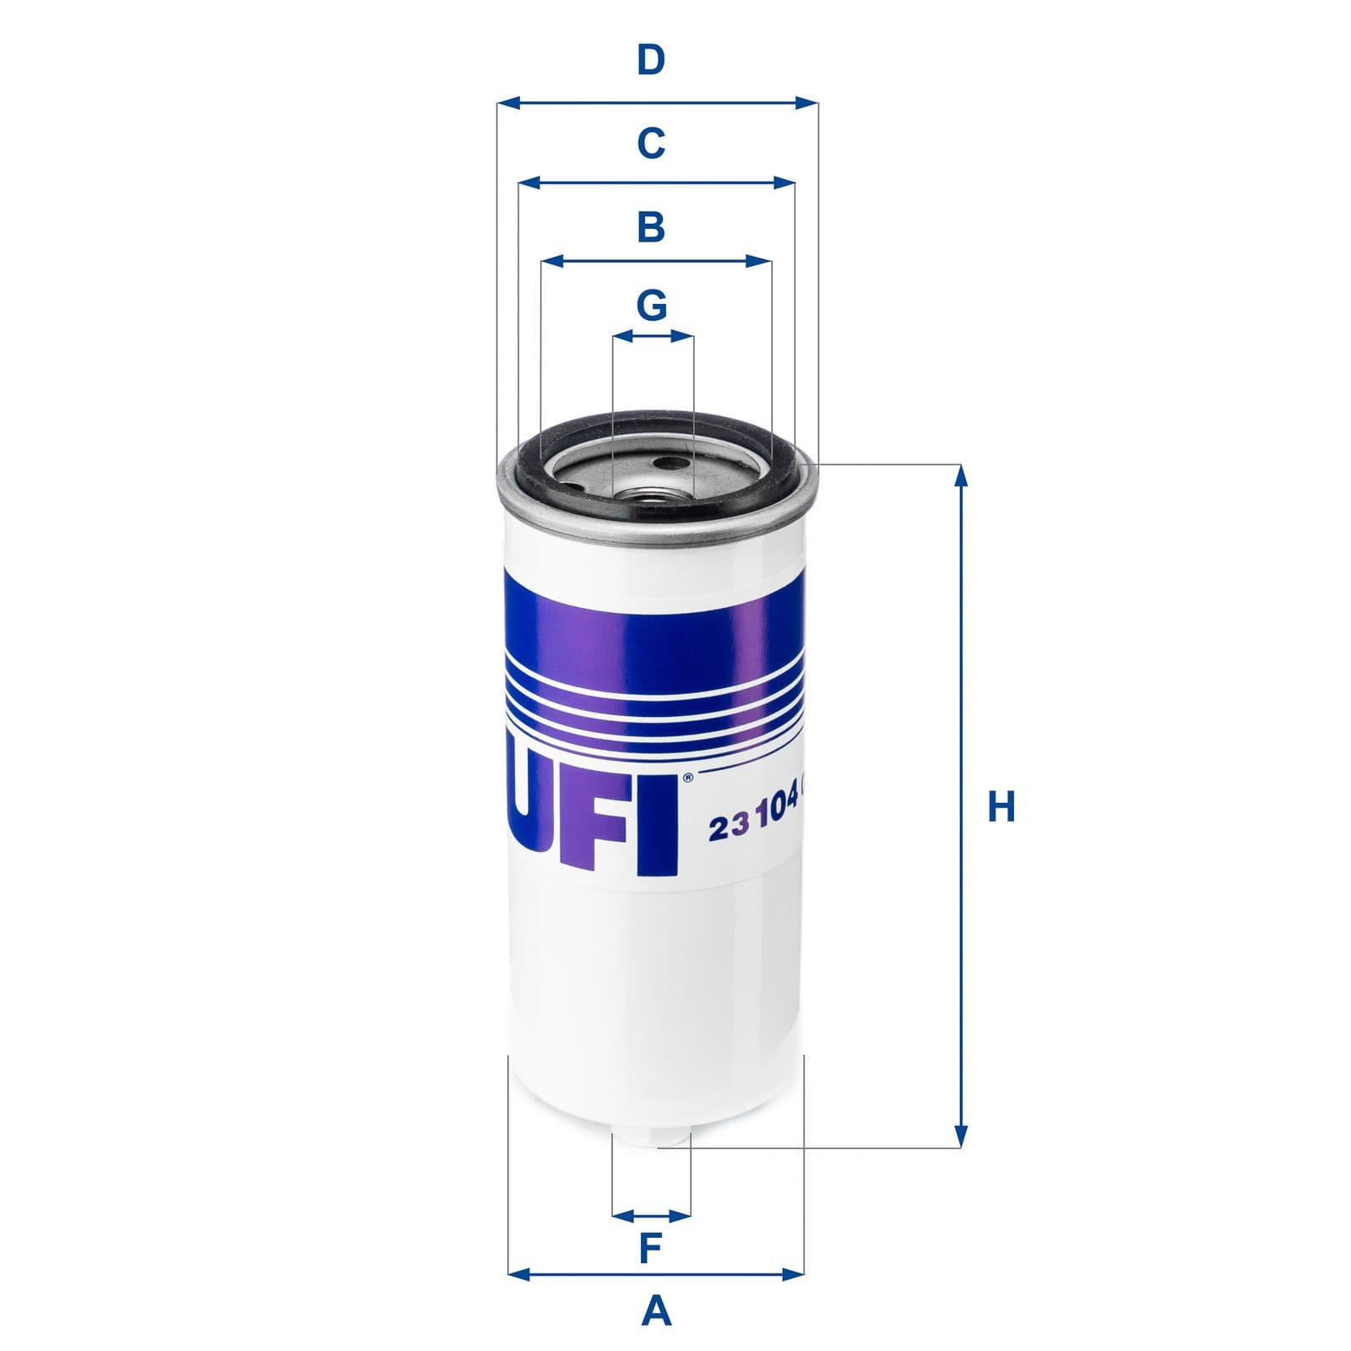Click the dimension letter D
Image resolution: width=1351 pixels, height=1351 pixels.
(x=650, y=61)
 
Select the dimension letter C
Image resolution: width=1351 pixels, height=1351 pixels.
(x=650, y=143)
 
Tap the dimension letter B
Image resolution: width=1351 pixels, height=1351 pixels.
(x=650, y=227)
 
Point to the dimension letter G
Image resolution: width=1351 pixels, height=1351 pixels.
(x=651, y=305)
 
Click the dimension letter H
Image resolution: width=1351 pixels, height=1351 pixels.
(x=1001, y=807)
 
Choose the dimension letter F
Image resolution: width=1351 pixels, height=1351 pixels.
(x=649, y=1249)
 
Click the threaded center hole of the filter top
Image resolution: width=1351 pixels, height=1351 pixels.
(x=650, y=502)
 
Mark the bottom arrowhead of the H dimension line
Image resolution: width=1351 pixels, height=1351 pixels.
(x=960, y=1137)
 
